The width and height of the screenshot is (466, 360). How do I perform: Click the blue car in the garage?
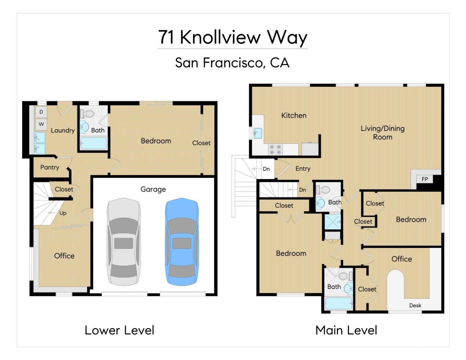pyautogui.click(x=182, y=242)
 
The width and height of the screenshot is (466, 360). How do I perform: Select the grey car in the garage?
pyautogui.click(x=124, y=242)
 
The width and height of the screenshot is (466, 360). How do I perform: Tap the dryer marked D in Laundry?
pyautogui.click(x=41, y=112)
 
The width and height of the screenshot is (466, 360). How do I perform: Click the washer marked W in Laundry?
pyautogui.click(x=41, y=124)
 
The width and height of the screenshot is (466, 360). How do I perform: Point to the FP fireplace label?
pyautogui.click(x=425, y=179)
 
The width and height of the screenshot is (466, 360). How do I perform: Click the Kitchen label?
pyautogui.click(x=294, y=116)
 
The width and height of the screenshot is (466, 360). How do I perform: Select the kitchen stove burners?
pyautogui.click(x=275, y=149)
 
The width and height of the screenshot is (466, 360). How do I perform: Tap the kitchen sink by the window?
pyautogui.click(x=258, y=133)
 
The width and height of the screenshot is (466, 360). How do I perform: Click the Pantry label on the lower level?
pyautogui.click(x=50, y=167)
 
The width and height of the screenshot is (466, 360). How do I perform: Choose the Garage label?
pyautogui.click(x=153, y=189)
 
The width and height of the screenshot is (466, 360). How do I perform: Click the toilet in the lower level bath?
pyautogui.click(x=88, y=114)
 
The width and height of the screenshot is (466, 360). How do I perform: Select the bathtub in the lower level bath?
pyautogui.click(x=94, y=143)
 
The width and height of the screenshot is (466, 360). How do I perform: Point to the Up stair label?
pyautogui.click(x=63, y=213)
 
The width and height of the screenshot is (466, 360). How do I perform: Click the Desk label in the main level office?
pyautogui.click(x=415, y=305)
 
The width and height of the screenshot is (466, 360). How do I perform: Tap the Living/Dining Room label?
pyautogui.click(x=382, y=133)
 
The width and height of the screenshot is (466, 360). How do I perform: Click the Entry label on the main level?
pyautogui.click(x=303, y=169)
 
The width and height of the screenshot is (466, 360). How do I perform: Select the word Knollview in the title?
pyautogui.click(x=220, y=37)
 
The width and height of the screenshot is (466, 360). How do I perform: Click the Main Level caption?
pyautogui.click(x=346, y=330)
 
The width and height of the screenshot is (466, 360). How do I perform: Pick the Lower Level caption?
pyautogui.click(x=119, y=330)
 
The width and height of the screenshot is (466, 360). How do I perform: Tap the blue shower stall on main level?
pyautogui.click(x=332, y=222)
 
